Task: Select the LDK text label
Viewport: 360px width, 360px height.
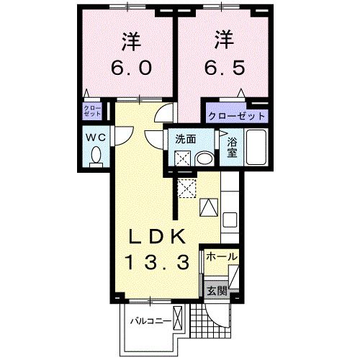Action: coord(160,236)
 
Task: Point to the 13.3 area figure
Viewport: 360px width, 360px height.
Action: coord(160,261)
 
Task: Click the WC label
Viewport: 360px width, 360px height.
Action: coord(95,136)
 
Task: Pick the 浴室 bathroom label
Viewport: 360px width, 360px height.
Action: coord(232,148)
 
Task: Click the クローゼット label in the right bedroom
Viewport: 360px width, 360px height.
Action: coord(237,115)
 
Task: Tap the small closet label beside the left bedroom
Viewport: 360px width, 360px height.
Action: coord(93,112)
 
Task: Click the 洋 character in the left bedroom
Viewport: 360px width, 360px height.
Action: coord(130,40)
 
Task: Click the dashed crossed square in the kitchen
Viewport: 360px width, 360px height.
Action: coord(188,186)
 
